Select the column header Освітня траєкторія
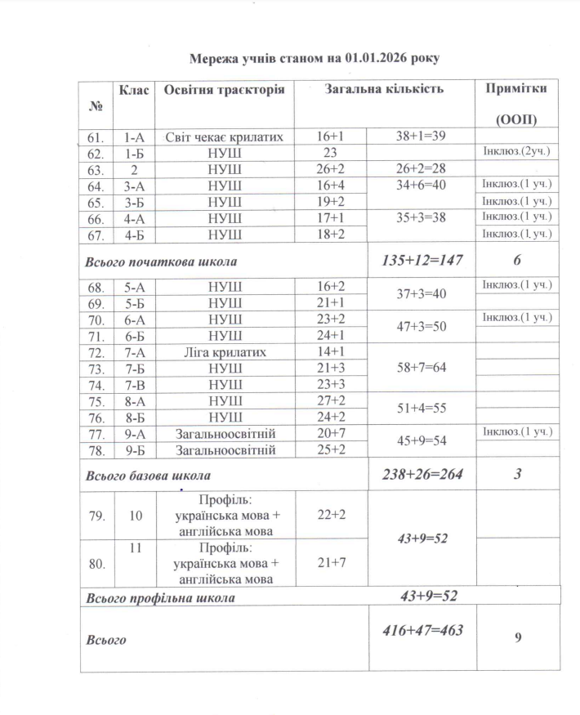pos(224,89)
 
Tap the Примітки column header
pos(516,88)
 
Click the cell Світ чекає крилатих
pos(224,137)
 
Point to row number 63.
pos(96,170)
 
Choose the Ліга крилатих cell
pos(224,351)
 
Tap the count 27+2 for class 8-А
pos(332,400)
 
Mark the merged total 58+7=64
pos(420,368)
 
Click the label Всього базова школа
pos(149,475)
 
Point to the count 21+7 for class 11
pos(332,564)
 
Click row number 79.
pos(96,516)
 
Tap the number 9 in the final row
pos(518,639)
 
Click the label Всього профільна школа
pos(160,597)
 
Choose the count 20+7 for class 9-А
pos(332,433)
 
